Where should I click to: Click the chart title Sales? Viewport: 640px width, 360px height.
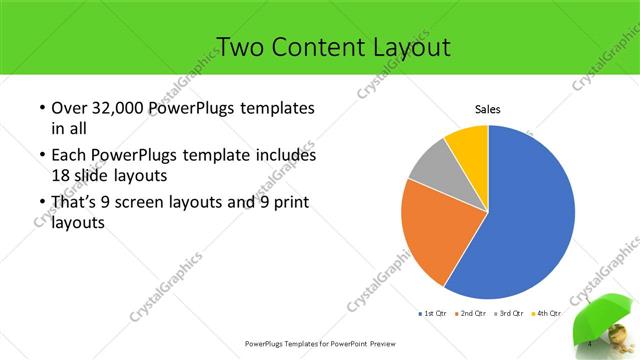(x=487, y=110)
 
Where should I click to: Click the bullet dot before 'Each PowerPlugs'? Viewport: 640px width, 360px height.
(x=41, y=156)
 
